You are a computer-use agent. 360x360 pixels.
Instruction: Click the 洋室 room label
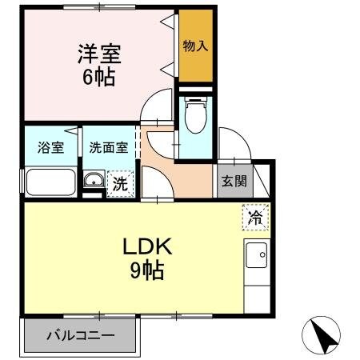[98, 54]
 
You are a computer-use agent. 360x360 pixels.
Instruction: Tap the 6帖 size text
[98, 78]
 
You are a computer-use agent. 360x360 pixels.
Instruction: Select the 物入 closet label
[196, 45]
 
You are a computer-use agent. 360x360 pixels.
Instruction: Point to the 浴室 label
[50, 147]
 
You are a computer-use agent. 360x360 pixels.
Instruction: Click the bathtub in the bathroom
[51, 182]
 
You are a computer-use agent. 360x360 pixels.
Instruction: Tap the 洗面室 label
[107, 147]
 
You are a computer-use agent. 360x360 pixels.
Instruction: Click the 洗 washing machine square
[119, 182]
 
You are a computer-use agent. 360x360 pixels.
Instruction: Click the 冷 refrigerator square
[254, 216]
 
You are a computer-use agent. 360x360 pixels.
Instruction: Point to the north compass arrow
[323, 334]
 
